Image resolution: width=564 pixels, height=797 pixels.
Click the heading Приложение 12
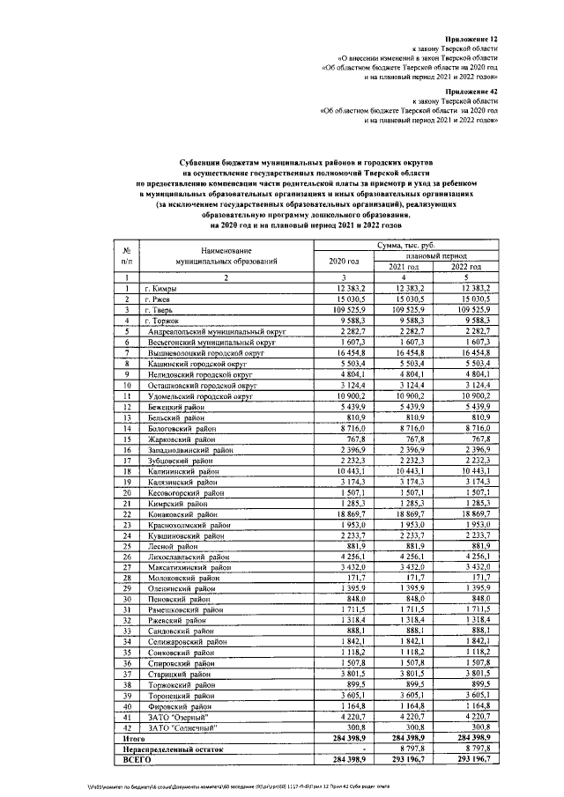[471, 40]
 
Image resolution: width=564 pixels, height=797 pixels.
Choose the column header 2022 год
[465, 267]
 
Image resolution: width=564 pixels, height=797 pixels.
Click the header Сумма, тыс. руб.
[406, 245]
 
